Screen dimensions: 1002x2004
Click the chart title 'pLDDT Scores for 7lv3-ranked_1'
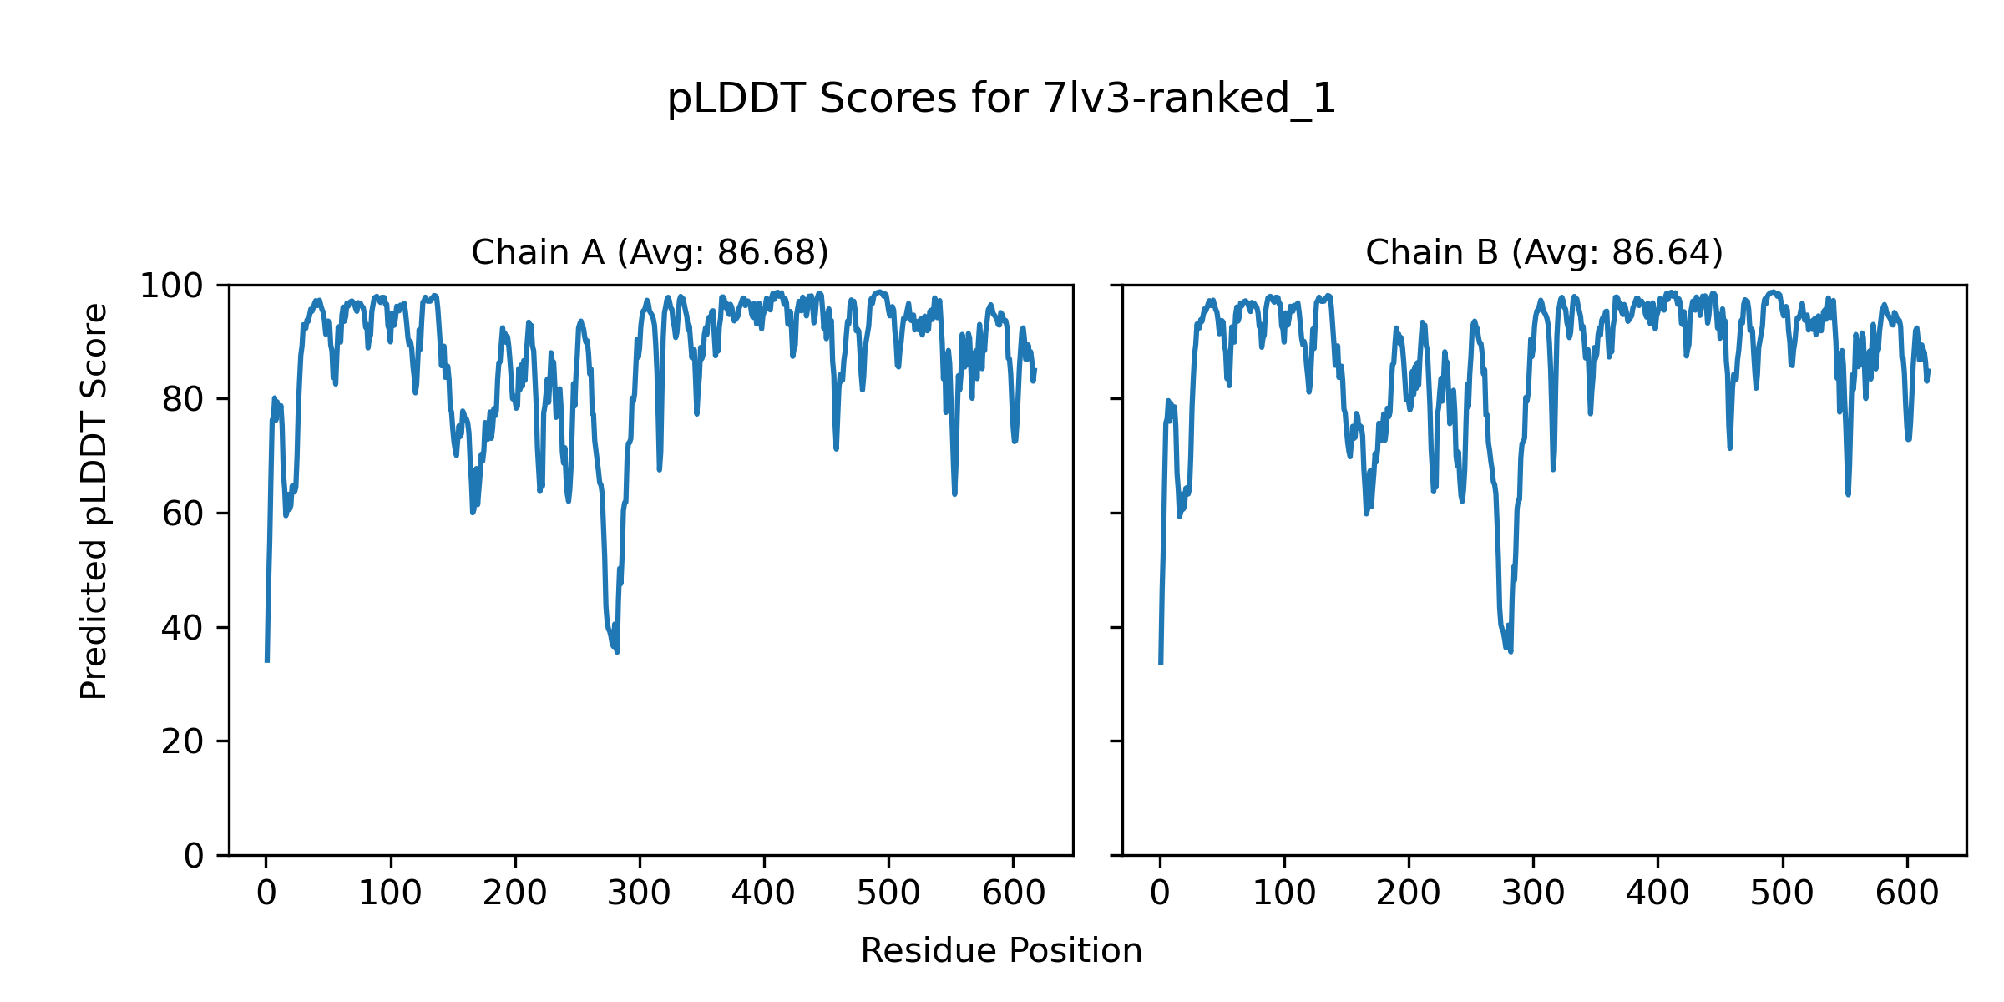(1001, 99)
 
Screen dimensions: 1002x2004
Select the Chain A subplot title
(650, 252)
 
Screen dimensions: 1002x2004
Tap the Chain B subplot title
(1544, 252)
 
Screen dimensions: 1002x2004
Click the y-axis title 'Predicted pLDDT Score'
(94, 501)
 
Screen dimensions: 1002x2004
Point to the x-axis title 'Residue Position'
(1001, 951)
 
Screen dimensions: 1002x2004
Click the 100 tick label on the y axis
(171, 286)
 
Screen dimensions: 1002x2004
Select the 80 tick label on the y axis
(183, 400)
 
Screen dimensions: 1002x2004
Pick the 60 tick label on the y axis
(183, 514)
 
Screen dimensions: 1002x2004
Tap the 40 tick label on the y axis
(183, 628)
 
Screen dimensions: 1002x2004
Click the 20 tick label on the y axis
(183, 741)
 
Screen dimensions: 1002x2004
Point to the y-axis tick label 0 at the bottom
(194, 856)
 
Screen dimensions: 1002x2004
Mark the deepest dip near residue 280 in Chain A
(617, 651)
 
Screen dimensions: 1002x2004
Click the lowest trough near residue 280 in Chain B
(1511, 651)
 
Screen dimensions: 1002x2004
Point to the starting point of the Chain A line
(267, 660)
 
